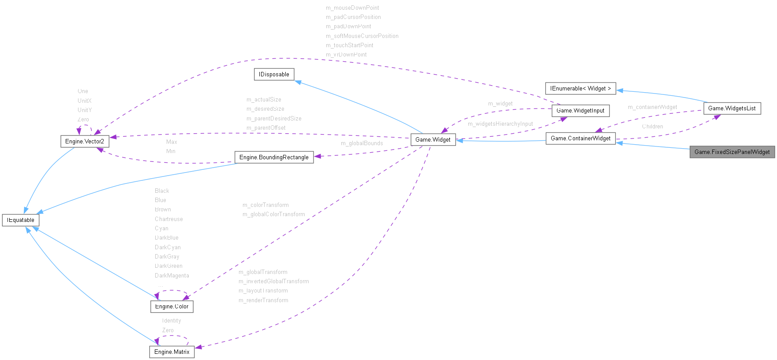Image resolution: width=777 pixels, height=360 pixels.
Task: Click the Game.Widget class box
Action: tap(433, 140)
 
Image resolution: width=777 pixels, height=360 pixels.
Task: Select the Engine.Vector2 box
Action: tap(85, 141)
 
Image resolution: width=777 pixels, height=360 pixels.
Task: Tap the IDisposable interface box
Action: tap(274, 75)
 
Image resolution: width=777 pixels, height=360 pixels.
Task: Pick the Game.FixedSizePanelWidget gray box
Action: tap(732, 152)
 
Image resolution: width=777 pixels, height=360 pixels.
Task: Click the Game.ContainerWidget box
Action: tap(580, 139)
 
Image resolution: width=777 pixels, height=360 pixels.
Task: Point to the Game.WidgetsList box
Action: tap(732, 109)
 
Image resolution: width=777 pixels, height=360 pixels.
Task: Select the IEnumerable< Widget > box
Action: tap(580, 89)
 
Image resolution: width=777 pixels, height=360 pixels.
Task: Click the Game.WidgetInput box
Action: tap(580, 111)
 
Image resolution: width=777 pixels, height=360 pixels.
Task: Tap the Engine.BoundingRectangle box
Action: tap(274, 157)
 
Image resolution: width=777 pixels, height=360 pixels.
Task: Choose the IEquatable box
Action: tap(21, 220)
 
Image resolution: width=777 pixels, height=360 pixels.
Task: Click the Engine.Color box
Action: tap(172, 307)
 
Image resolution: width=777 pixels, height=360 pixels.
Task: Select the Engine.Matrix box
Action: tap(172, 352)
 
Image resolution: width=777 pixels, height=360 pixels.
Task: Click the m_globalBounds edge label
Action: tap(362, 143)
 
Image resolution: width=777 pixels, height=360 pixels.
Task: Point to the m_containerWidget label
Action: tap(652, 107)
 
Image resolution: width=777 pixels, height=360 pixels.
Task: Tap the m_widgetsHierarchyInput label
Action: tap(500, 124)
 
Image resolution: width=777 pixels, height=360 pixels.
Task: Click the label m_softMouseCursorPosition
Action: tap(362, 36)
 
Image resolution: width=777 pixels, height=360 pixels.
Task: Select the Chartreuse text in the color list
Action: tap(168, 219)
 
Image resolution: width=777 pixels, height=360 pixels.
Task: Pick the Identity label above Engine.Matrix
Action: tap(171, 321)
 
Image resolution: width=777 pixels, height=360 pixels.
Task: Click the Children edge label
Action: tap(652, 127)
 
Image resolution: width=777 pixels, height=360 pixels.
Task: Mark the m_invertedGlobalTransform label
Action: tap(273, 281)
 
